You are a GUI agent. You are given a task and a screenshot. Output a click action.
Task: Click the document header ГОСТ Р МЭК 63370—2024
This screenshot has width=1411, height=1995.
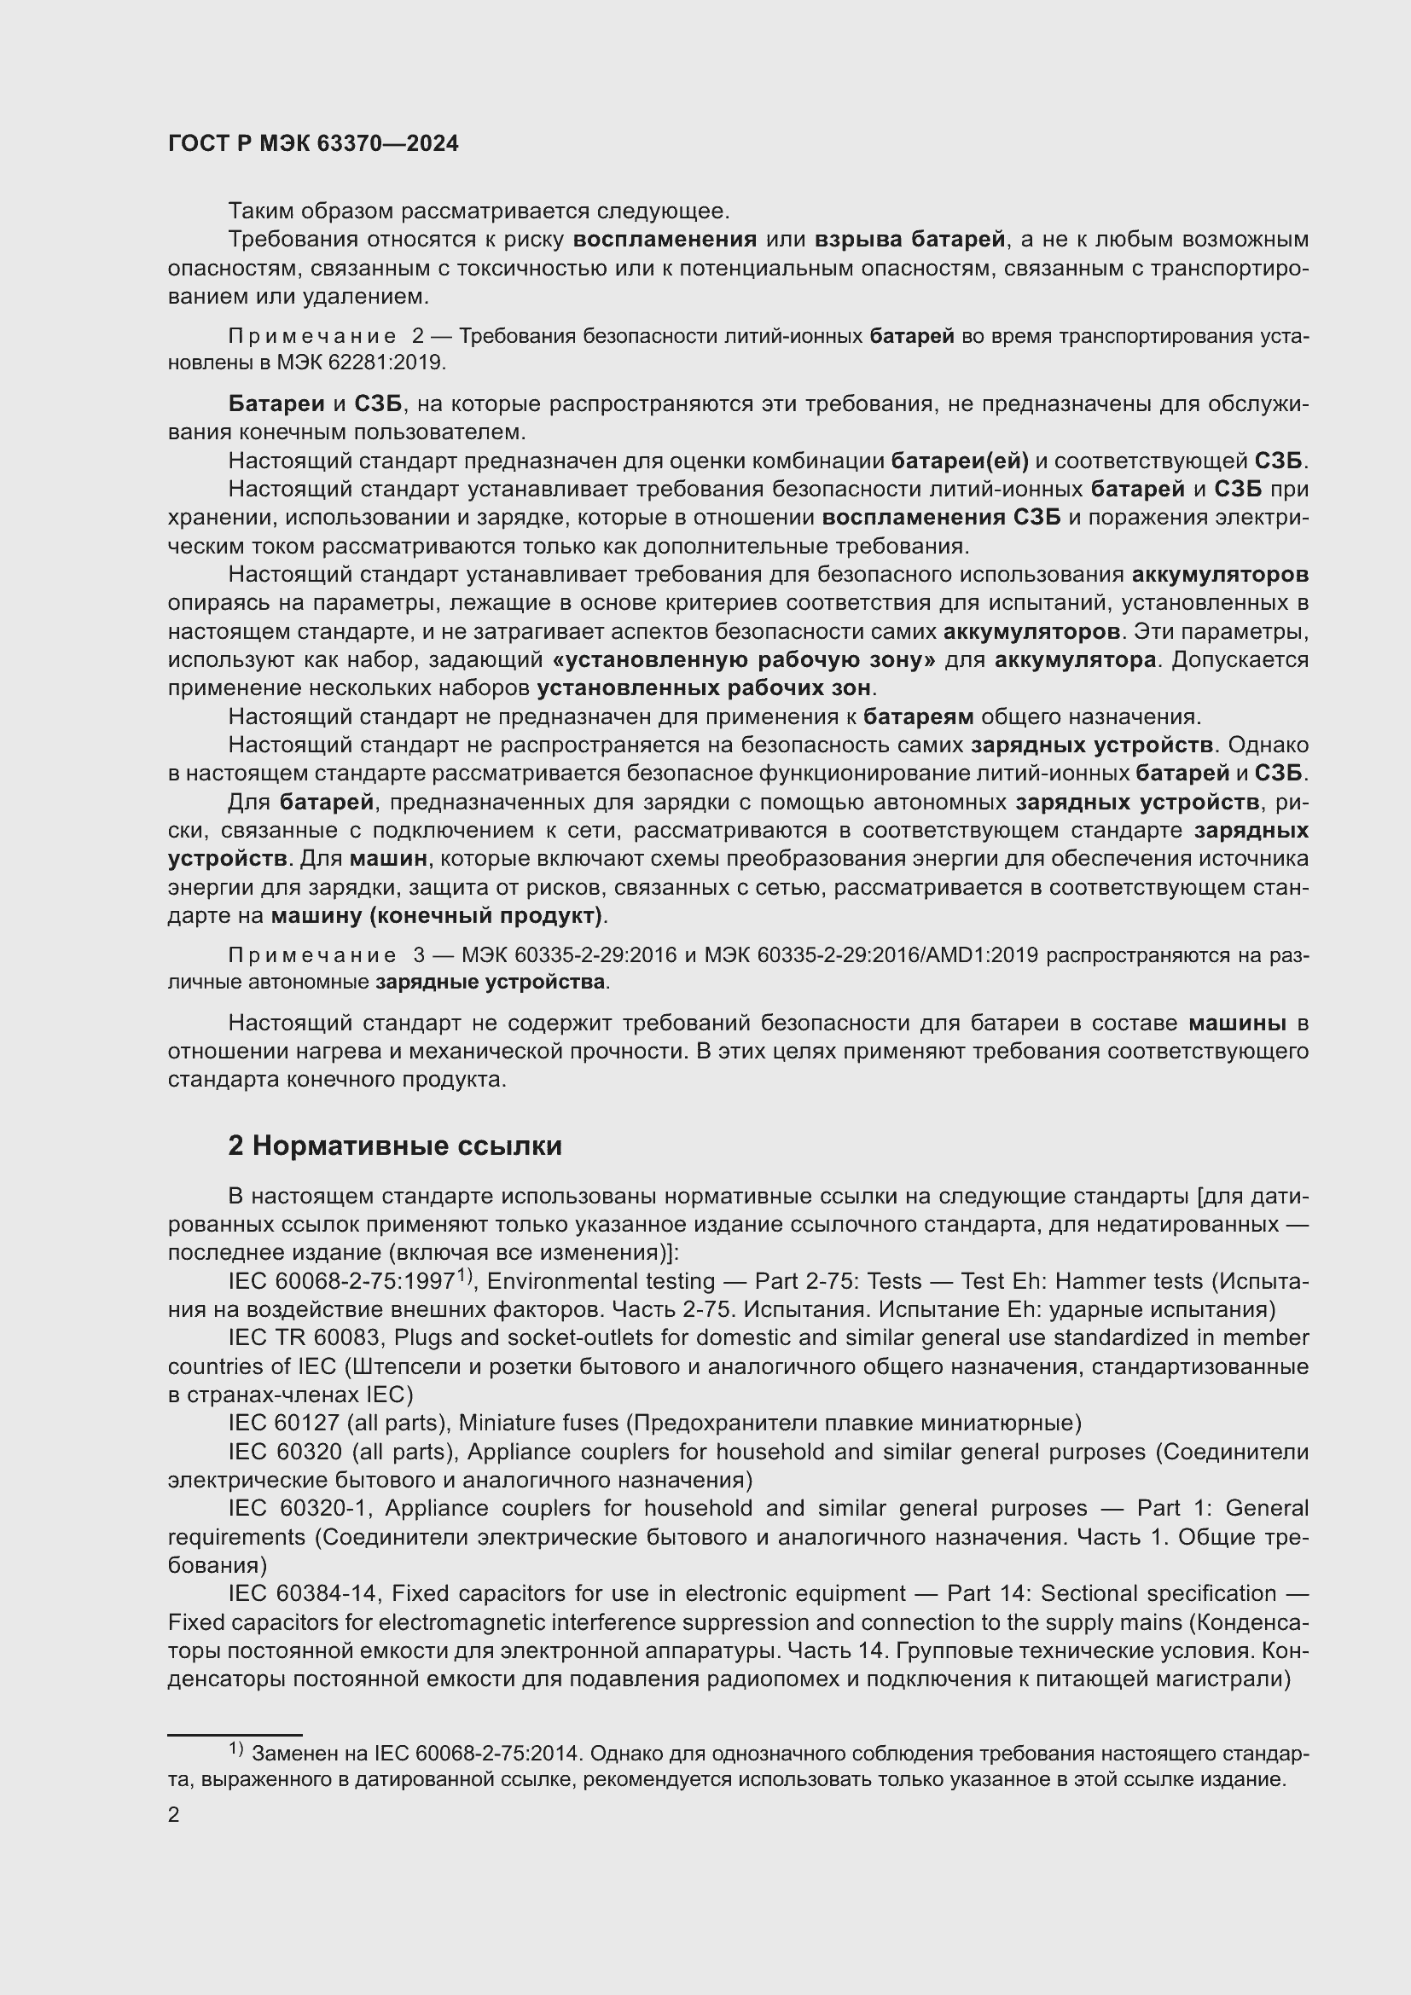pyautogui.click(x=313, y=144)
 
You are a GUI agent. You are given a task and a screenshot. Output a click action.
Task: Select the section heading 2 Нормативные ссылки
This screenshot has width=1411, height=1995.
pyautogui.click(x=394, y=1146)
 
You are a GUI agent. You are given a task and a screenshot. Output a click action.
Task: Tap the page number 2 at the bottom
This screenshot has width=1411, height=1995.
pyautogui.click(x=174, y=1814)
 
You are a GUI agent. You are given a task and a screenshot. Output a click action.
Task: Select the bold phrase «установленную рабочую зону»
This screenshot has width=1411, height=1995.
pyautogui.click(x=744, y=660)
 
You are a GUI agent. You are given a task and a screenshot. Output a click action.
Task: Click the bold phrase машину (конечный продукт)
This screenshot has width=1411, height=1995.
pyautogui.click(x=437, y=916)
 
